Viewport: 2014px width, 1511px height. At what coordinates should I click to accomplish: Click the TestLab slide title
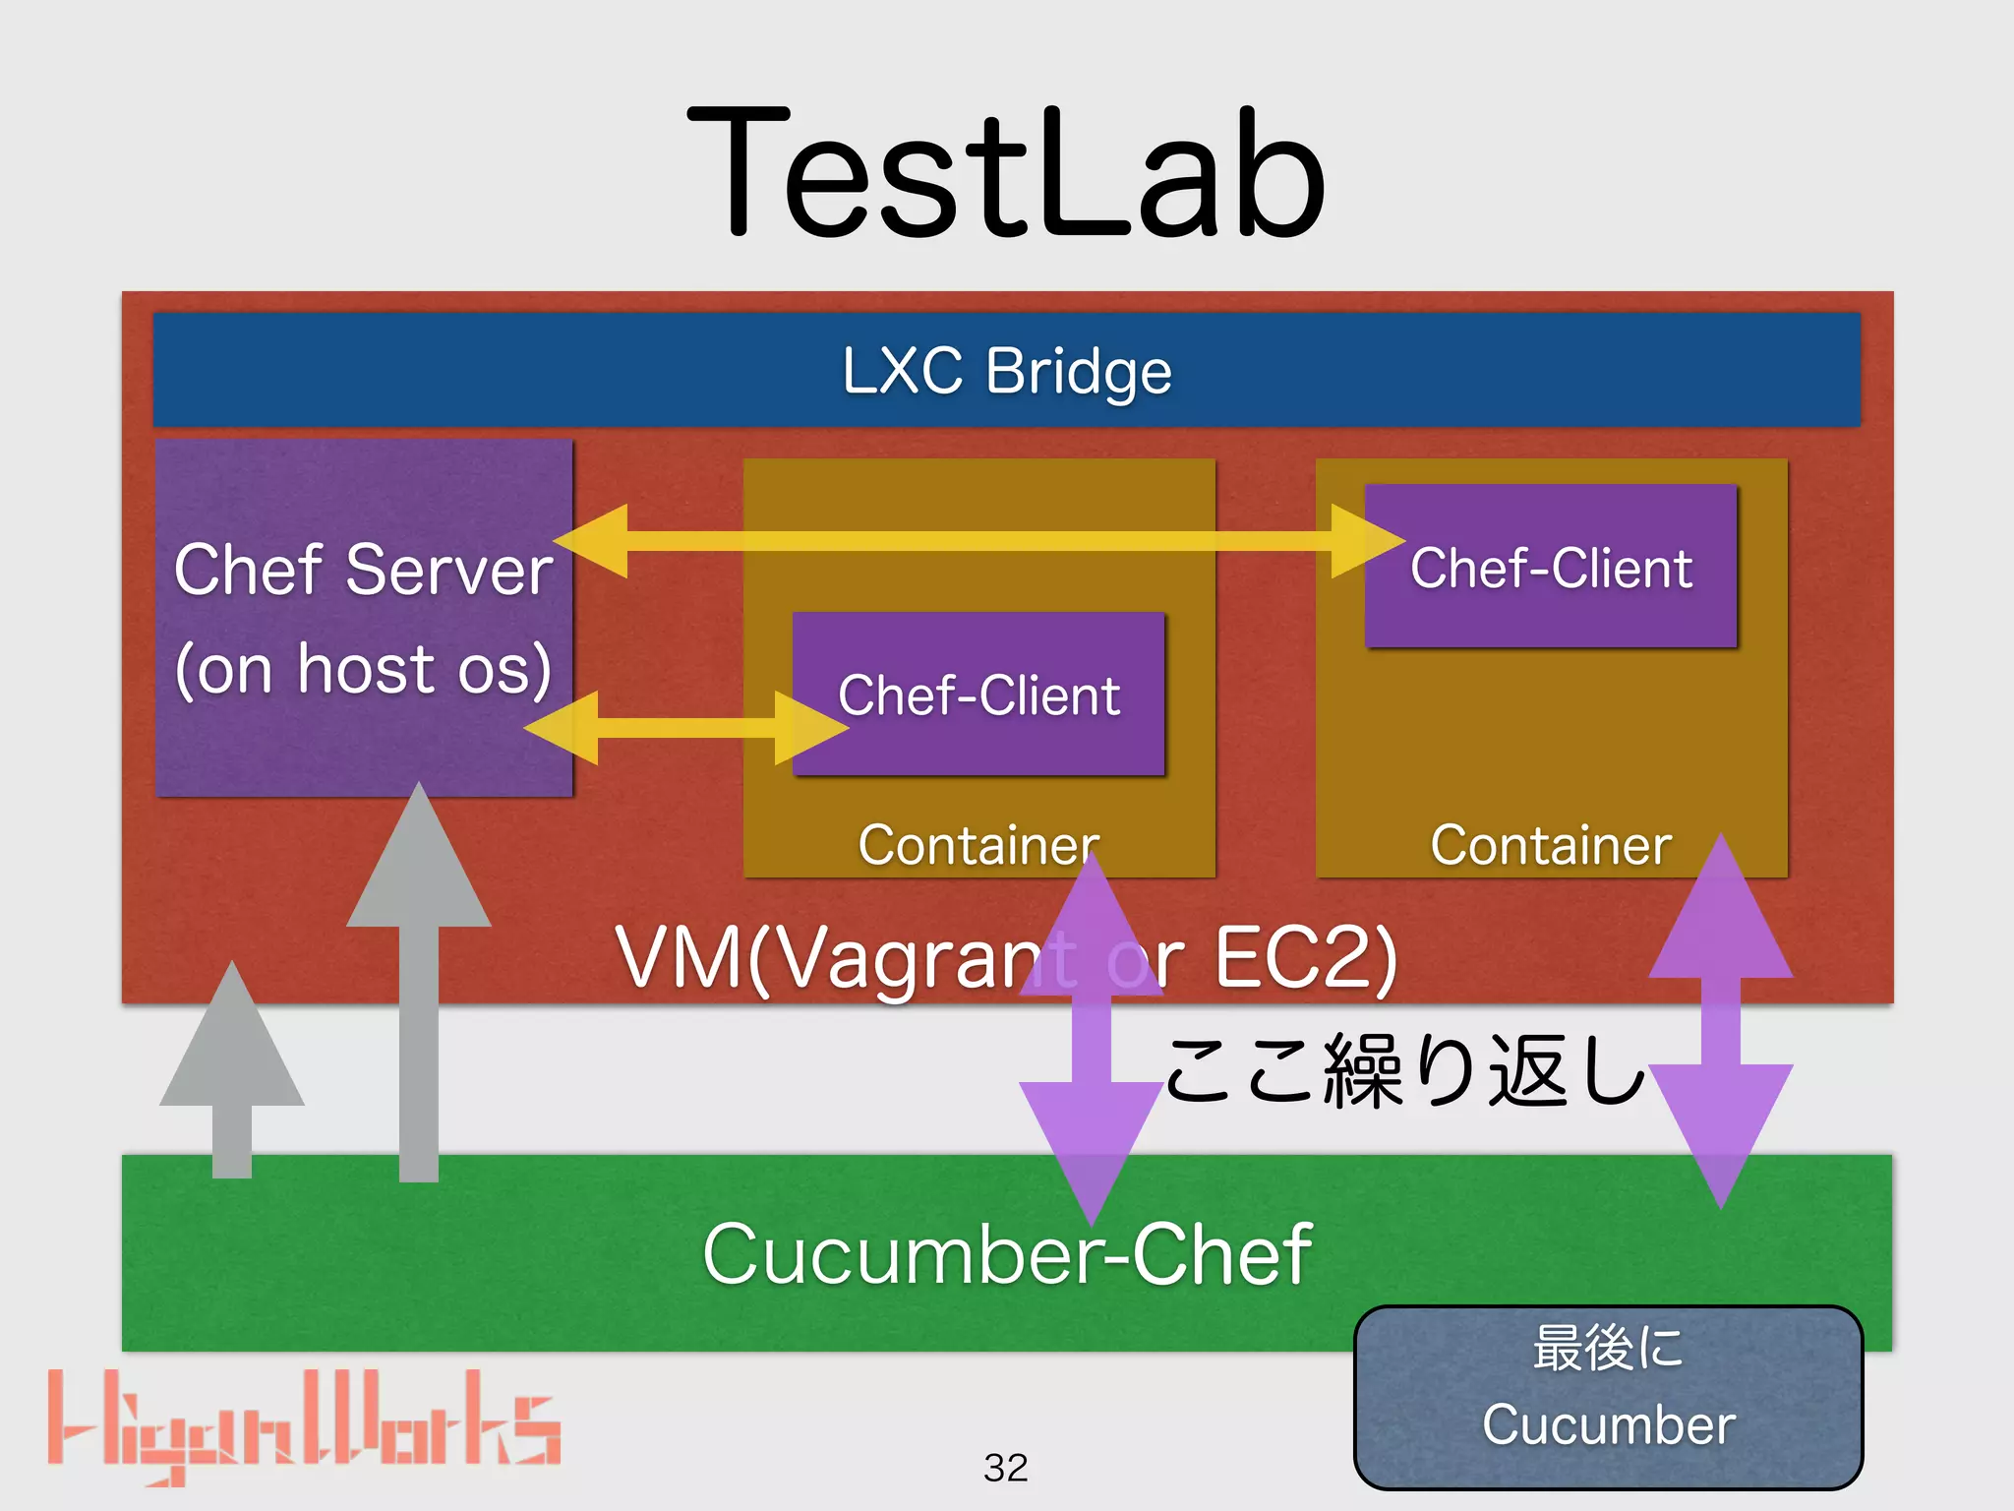[1006, 175]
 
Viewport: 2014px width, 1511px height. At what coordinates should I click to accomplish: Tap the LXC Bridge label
[1006, 371]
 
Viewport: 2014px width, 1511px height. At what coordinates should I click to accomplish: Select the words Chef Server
[363, 571]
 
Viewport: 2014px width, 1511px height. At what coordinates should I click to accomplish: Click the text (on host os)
[363, 669]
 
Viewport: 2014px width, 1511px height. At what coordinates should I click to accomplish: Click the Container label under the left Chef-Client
[977, 844]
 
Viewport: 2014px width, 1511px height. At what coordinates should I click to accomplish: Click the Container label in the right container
[1551, 844]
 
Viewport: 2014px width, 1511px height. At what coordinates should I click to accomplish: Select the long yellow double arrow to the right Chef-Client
[978, 540]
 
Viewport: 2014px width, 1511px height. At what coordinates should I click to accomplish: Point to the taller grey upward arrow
[419, 984]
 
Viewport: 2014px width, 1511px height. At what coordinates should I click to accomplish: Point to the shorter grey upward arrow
[232, 1072]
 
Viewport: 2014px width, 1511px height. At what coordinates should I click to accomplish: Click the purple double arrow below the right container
[1721, 1023]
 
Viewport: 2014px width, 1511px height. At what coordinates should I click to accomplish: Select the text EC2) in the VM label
[1305, 957]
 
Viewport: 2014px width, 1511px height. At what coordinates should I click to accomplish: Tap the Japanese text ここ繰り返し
[1406, 1072]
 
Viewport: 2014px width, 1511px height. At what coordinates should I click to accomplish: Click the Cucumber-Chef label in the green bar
[1006, 1254]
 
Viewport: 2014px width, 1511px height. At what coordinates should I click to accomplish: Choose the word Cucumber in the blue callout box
[1608, 1424]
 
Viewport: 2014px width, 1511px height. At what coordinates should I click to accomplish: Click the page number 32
[1005, 1468]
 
